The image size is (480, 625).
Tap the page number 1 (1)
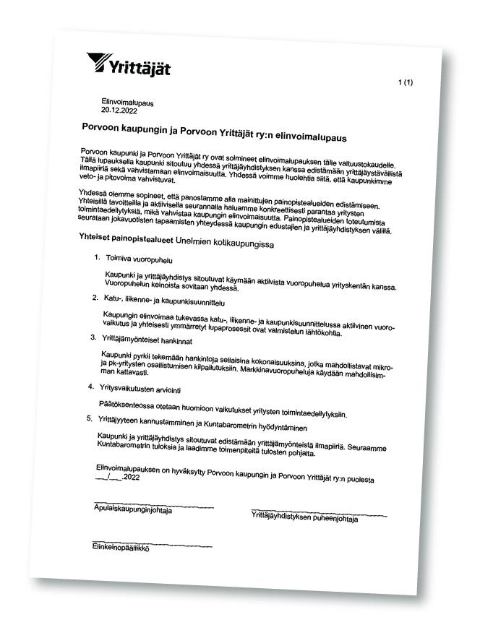[405, 84]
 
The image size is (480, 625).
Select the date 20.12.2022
[119, 111]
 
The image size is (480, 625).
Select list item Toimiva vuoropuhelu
[139, 258]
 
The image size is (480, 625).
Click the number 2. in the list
[94, 296]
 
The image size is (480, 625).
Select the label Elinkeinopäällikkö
[119, 548]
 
